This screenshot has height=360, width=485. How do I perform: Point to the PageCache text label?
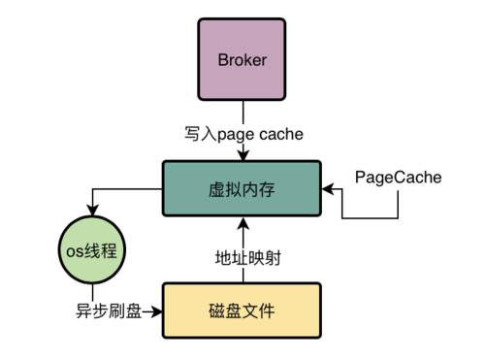[398, 178]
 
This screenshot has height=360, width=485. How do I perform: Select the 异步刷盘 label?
[108, 312]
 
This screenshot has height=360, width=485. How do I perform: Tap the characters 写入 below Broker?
[199, 133]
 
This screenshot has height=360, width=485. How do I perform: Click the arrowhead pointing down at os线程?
[94, 214]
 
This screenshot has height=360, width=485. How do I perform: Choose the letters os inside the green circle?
[77, 251]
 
